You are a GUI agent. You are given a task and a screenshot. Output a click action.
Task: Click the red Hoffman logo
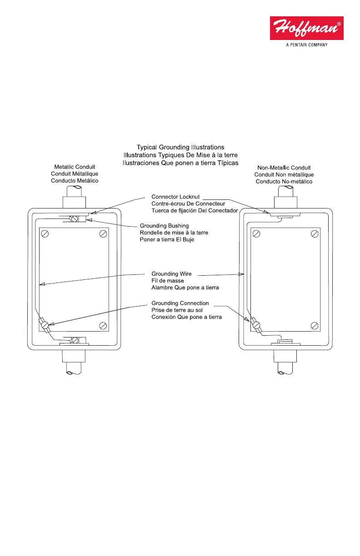(x=306, y=28)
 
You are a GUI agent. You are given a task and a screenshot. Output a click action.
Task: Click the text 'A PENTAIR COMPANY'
(x=306, y=45)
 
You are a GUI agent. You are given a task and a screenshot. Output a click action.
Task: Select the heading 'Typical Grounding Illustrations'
(x=180, y=147)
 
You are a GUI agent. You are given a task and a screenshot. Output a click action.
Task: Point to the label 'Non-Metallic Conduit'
(x=284, y=168)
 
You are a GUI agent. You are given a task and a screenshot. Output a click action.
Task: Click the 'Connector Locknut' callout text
(x=175, y=197)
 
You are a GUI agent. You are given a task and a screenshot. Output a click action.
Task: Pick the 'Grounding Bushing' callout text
(x=164, y=226)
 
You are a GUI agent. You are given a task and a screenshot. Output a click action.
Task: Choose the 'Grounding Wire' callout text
(x=171, y=274)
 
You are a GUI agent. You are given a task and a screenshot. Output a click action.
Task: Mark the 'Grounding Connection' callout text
(x=180, y=303)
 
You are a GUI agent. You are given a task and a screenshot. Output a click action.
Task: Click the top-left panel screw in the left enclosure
(x=45, y=234)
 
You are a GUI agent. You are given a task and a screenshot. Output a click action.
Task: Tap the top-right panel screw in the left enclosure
(x=103, y=234)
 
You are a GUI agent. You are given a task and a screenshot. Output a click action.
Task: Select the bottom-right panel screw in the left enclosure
(x=103, y=325)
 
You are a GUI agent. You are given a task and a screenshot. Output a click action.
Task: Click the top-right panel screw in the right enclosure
(x=315, y=234)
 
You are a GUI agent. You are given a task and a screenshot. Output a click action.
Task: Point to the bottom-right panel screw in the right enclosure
(x=315, y=325)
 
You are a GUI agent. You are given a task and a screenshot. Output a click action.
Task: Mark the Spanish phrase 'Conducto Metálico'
(x=75, y=181)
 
